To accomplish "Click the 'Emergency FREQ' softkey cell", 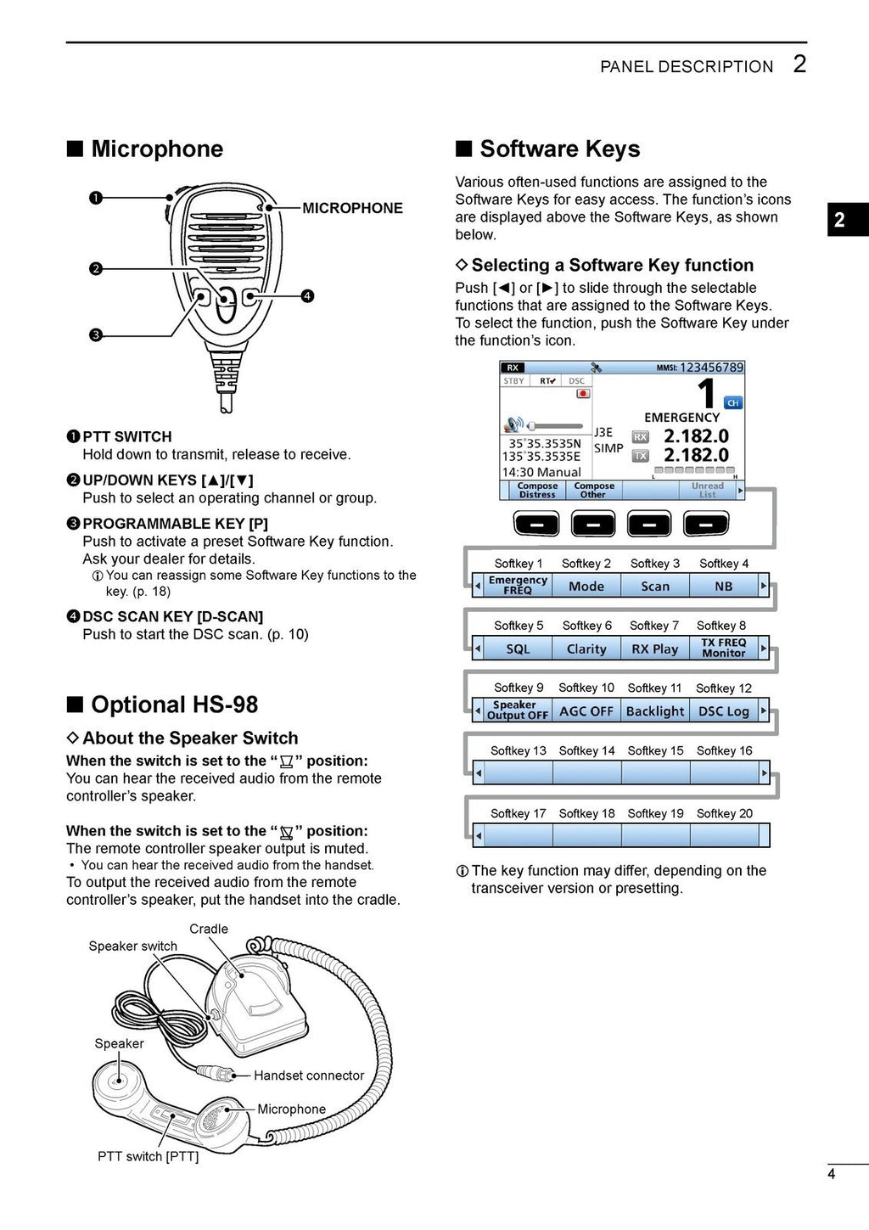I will click(518, 586).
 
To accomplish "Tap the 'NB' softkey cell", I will click(723, 586).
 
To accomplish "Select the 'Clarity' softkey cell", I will click(586, 649).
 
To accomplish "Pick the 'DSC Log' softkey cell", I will click(723, 711).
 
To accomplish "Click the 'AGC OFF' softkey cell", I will click(586, 711).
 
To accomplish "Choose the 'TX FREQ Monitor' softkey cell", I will click(723, 649).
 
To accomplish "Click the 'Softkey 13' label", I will click(518, 750).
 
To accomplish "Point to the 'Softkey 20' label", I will click(724, 813).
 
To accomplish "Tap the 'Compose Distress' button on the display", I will click(537, 491).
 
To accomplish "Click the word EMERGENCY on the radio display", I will click(681, 418).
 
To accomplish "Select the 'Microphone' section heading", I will click(157, 149).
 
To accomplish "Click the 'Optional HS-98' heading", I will click(174, 705).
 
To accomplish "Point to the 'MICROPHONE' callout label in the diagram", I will click(352, 209).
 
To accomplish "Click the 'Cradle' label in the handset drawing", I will click(209, 929).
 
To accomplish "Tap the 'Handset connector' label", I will click(309, 1076).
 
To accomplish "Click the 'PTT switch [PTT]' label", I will click(148, 1156).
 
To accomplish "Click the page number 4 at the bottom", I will click(832, 1174).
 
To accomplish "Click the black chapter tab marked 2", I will click(840, 220).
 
